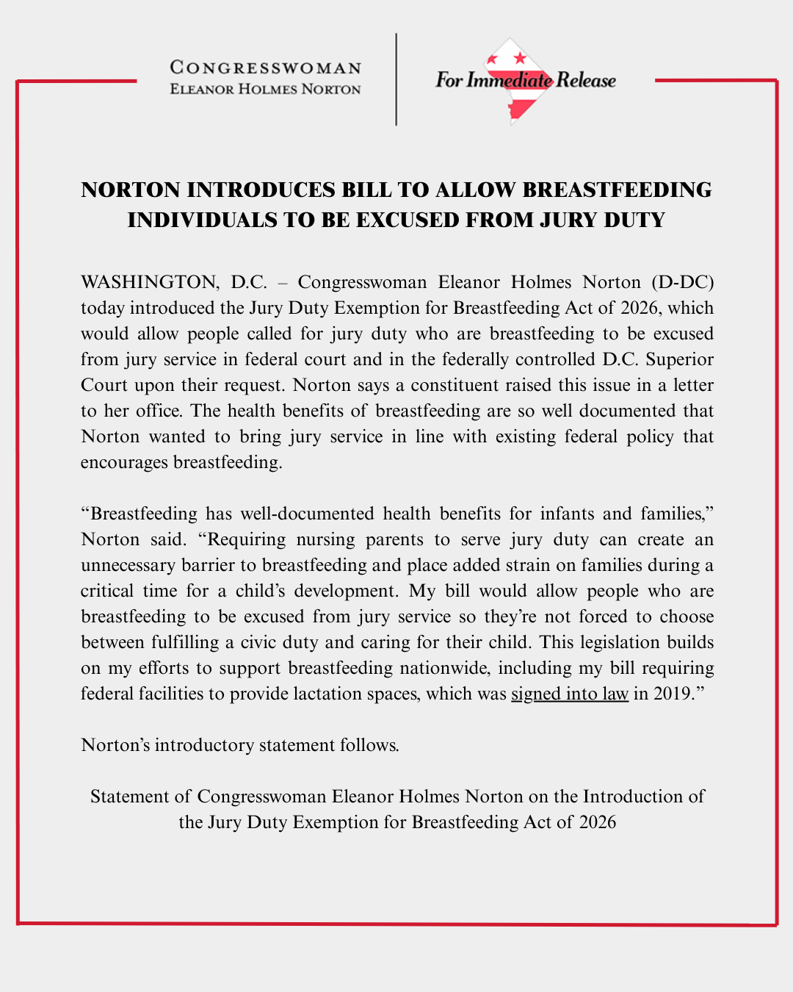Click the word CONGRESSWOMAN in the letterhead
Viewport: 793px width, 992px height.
coord(266,68)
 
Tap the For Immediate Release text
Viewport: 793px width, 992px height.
coord(526,80)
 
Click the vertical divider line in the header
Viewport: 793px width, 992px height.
coord(396,79)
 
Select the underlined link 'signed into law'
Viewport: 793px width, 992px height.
coord(570,694)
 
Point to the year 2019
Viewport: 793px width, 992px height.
coord(672,694)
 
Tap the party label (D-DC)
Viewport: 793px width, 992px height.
coord(682,282)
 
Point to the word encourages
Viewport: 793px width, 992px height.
coord(124,462)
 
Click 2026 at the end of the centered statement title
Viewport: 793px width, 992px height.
coord(597,822)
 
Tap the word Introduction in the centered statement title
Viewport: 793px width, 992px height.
coord(637,797)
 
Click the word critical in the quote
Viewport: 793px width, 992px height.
coord(107,591)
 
